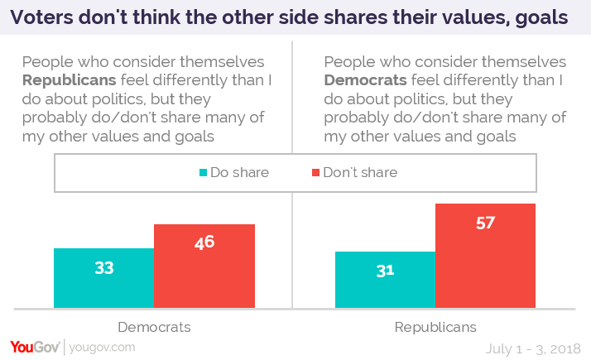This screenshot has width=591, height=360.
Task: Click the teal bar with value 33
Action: (103, 277)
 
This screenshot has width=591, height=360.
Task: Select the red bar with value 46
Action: (204, 266)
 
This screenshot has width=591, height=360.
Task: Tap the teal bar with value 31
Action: (385, 279)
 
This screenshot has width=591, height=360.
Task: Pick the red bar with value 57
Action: (486, 255)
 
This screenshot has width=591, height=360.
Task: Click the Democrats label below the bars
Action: (154, 327)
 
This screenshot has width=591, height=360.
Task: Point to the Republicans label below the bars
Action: (435, 327)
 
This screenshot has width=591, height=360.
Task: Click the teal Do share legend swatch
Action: (203, 173)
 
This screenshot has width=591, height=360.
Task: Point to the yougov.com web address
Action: (102, 348)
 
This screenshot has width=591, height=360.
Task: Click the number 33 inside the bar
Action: (103, 268)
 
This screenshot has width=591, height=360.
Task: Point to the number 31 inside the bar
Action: (385, 270)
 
